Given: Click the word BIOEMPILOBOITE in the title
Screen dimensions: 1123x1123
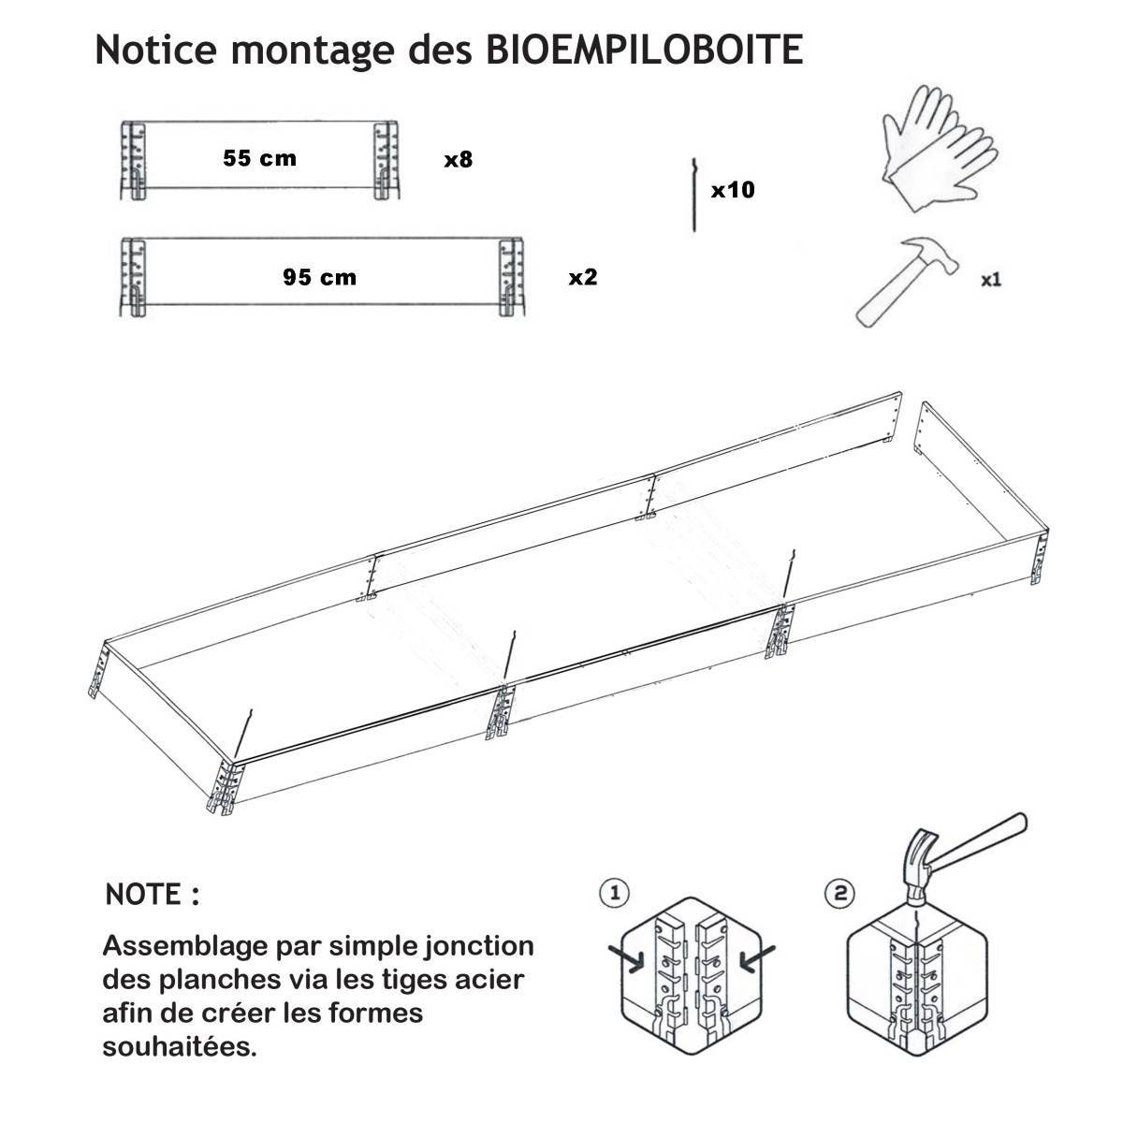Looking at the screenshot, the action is coord(644,51).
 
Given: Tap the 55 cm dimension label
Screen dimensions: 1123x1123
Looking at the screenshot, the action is coord(260,158).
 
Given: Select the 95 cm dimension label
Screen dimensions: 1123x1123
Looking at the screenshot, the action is coord(320,277).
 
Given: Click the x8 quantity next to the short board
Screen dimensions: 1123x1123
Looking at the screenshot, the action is coord(458,159).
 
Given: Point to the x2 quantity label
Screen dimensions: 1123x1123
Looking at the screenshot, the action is coord(583,277).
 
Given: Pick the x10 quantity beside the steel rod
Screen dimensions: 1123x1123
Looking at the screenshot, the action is coord(733,190).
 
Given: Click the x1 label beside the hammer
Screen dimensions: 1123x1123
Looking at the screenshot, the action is coord(991,280).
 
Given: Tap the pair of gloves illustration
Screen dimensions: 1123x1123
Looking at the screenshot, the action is coord(940,149).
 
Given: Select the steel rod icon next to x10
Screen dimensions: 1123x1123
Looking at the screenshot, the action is coord(694,195).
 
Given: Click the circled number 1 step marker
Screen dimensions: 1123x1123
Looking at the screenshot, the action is coord(614,893).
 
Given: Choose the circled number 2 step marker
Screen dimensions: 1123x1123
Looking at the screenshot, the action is coord(840,893).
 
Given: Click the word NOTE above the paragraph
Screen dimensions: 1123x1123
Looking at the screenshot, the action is coord(143,894).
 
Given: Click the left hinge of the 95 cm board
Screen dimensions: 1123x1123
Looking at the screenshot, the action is coord(134,277).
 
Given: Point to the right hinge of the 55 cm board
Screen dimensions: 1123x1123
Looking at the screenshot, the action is coord(386,161).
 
